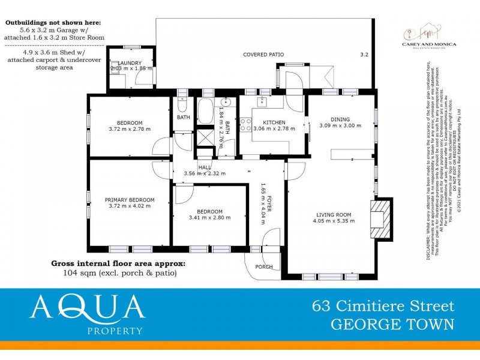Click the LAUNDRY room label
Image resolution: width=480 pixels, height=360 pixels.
pyautogui.click(x=130, y=63)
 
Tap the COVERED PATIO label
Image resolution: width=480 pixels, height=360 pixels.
pyautogui.click(x=263, y=55)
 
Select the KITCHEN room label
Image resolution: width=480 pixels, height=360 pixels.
pyautogui.click(x=269, y=122)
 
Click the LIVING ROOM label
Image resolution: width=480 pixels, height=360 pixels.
pyautogui.click(x=334, y=214)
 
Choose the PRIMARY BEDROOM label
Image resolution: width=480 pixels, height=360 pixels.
pyautogui.click(x=130, y=200)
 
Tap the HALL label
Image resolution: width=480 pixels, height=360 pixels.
pyautogui.click(x=204, y=167)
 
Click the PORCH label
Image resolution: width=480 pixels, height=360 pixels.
pyautogui.click(x=264, y=267)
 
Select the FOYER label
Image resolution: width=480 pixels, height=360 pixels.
pyautogui.click(x=269, y=203)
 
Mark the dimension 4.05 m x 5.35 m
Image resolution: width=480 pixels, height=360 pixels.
pyautogui.click(x=334, y=221)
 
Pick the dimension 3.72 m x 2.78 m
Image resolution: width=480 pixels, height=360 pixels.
pyautogui.click(x=130, y=128)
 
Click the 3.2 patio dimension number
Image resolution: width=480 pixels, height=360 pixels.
pyautogui.click(x=364, y=55)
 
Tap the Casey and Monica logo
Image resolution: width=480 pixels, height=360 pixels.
pyautogui.click(x=428, y=36)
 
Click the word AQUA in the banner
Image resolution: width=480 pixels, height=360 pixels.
pyautogui.click(x=88, y=307)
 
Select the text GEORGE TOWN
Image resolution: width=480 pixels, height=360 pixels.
pyautogui.click(x=393, y=324)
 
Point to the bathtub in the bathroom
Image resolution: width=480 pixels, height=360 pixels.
pyautogui.click(x=204, y=111)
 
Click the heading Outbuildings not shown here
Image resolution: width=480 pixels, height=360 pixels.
pyautogui.click(x=54, y=22)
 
